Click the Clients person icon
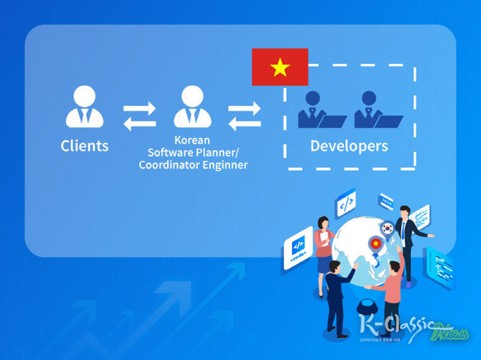pos(85,108)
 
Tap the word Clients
pos(85,146)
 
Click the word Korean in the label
pos(192,140)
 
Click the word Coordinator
pos(168,165)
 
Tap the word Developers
pos(349,146)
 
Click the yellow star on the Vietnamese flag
pos(280,67)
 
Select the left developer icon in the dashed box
pos(316,110)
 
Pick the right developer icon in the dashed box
pos(373,110)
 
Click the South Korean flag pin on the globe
pos(387,228)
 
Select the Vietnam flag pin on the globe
pos(376,244)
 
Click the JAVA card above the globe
pos(386,201)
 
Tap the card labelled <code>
pos(297,252)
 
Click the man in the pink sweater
pos(391,290)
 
